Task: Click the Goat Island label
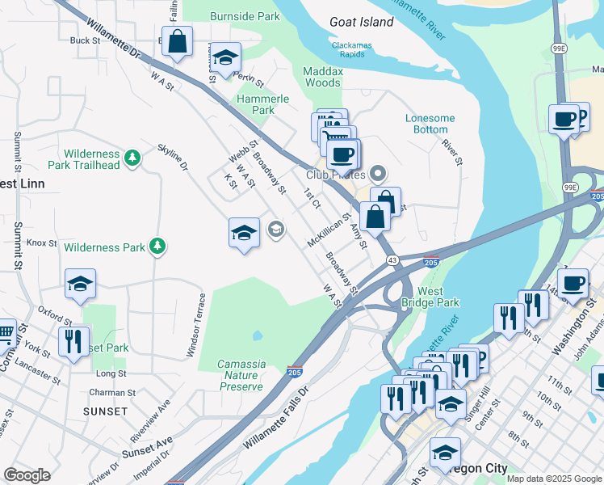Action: pos(361,22)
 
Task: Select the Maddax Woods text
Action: pos(321,77)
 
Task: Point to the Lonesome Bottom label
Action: pos(430,124)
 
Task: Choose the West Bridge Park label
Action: pos(430,297)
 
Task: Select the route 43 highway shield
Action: pos(391,259)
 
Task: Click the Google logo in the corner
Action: pos(27,475)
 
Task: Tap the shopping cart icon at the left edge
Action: pos(5,331)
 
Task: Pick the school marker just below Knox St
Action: pos(80,284)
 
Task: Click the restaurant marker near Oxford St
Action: pos(73,341)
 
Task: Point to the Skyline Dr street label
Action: pos(173,155)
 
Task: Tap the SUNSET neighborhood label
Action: pos(105,411)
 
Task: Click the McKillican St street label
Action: pos(329,230)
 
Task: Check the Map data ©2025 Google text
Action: pos(554,479)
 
